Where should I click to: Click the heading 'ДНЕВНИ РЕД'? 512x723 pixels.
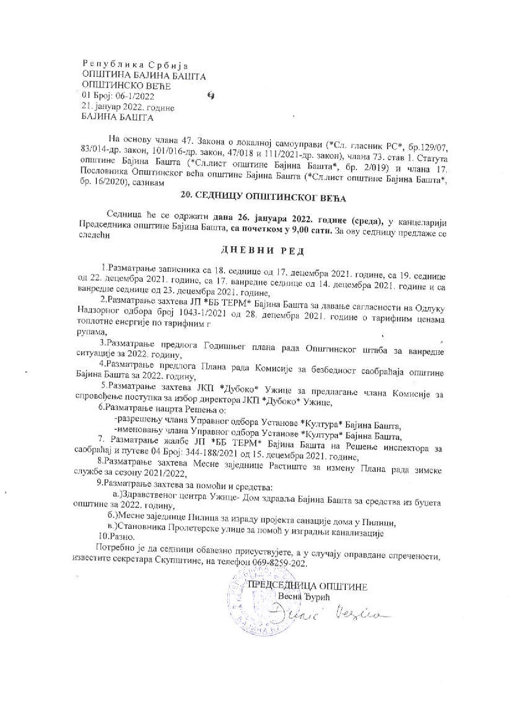(263, 250)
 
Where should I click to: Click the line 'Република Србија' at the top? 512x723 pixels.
(135, 65)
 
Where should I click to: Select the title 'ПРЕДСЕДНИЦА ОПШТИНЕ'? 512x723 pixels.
(307, 586)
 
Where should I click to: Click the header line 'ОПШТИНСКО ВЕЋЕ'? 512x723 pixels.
(126, 86)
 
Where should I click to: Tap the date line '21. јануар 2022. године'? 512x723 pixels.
(129, 107)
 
